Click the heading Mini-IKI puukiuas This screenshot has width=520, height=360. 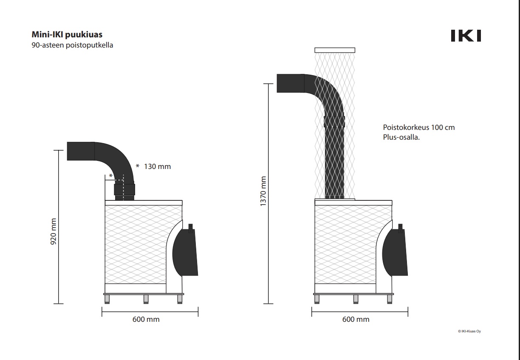coord(67,34)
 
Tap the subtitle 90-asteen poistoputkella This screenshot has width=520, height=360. coord(72,45)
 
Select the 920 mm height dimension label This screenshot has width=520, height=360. coord(54,231)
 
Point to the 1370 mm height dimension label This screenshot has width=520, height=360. coord(263,191)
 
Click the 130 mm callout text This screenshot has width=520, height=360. coord(157,166)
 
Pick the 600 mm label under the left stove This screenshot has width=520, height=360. coord(146,319)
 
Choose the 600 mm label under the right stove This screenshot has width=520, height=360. coord(356,319)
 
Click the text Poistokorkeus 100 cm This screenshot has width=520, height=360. coord(419,127)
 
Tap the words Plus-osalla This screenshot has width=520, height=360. coord(401,137)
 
